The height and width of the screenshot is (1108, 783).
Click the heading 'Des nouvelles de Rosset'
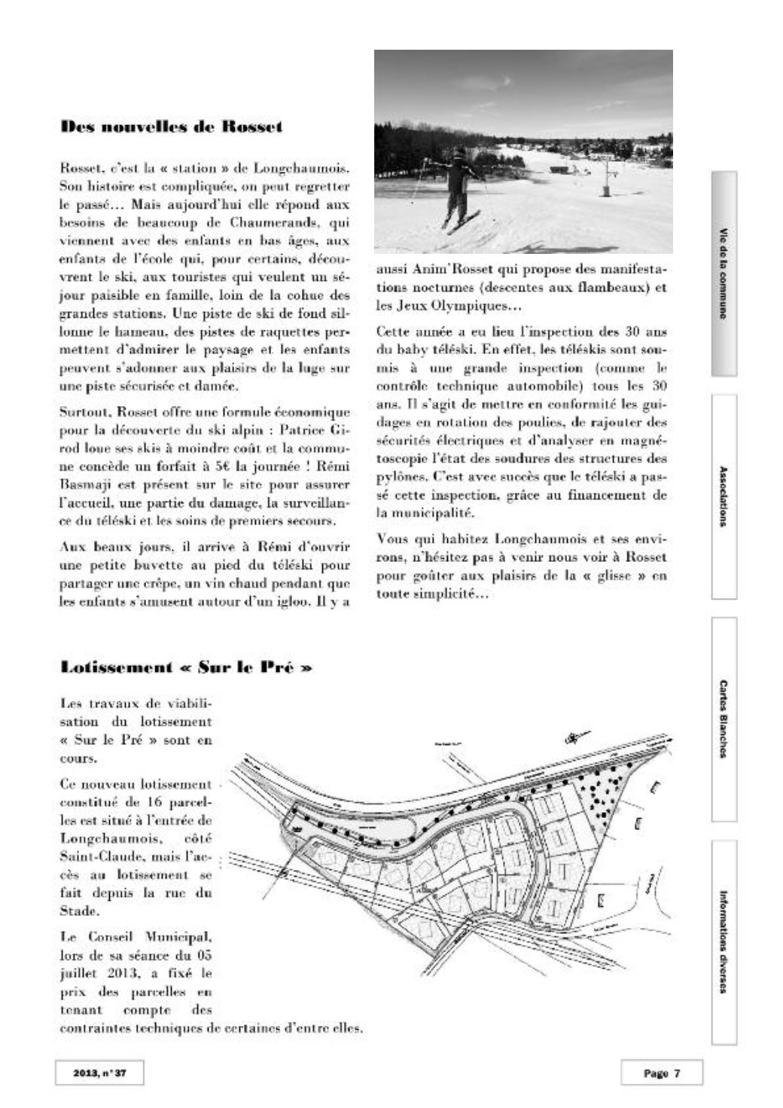[172, 127]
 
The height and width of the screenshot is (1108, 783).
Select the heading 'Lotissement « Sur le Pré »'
[185, 667]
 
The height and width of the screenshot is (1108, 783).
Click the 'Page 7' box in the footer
[661, 1073]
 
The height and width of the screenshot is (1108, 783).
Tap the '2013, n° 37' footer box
[99, 1073]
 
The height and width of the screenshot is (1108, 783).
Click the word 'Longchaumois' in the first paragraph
[311, 164]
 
